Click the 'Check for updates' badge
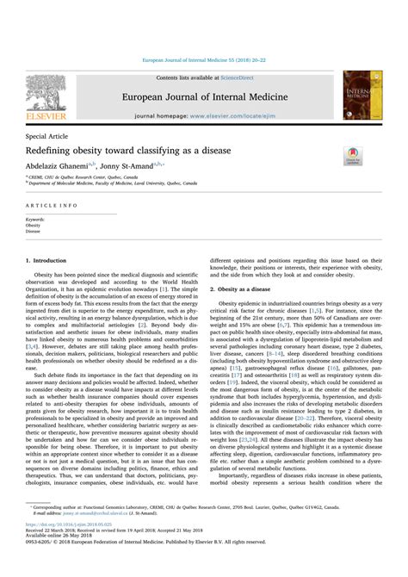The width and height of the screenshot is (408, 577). click(354, 156)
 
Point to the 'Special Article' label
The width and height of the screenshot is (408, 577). click(49, 136)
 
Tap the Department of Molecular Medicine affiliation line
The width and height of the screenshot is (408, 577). click(112, 183)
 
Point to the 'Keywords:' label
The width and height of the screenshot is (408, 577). click(36, 220)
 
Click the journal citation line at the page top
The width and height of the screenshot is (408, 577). click(203, 59)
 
